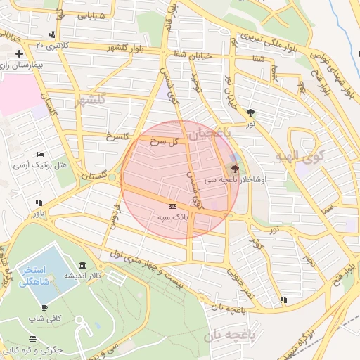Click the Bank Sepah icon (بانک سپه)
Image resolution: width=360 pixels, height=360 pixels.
click(x=173, y=205)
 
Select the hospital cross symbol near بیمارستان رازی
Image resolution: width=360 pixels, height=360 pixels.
click(x=19, y=54)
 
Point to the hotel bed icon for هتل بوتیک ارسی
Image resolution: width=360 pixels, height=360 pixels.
click(x=41, y=155)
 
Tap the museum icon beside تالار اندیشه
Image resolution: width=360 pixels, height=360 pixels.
click(x=83, y=265)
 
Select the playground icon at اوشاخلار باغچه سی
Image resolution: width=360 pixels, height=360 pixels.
click(x=235, y=169)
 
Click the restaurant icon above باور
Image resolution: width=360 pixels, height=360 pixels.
click(x=39, y=202)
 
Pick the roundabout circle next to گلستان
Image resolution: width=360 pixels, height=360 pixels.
click(x=112, y=178)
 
